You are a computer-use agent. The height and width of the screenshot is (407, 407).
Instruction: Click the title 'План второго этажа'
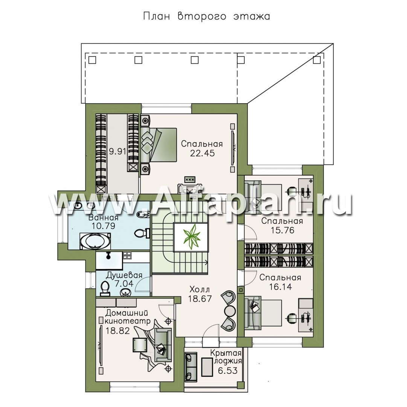coord(206,16)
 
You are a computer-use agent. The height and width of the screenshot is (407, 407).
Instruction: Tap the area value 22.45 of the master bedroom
coord(203,153)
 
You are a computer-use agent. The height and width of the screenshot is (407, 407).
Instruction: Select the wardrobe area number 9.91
coord(117,151)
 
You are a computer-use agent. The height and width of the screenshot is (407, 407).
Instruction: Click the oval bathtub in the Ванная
coord(95,241)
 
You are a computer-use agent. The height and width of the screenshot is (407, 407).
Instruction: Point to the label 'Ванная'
coord(103,217)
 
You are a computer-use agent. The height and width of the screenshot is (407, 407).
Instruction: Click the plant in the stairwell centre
coord(192,237)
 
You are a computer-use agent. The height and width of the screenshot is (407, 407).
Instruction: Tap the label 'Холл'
coord(200,289)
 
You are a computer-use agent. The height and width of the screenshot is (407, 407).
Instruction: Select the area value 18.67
coord(200,299)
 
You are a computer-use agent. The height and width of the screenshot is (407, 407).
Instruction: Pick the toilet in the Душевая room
coord(105,289)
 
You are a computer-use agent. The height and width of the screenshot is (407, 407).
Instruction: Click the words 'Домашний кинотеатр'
coord(127,316)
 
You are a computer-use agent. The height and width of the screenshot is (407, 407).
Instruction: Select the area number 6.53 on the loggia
coord(228,370)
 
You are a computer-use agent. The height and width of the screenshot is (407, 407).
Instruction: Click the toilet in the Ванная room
coord(142,233)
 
